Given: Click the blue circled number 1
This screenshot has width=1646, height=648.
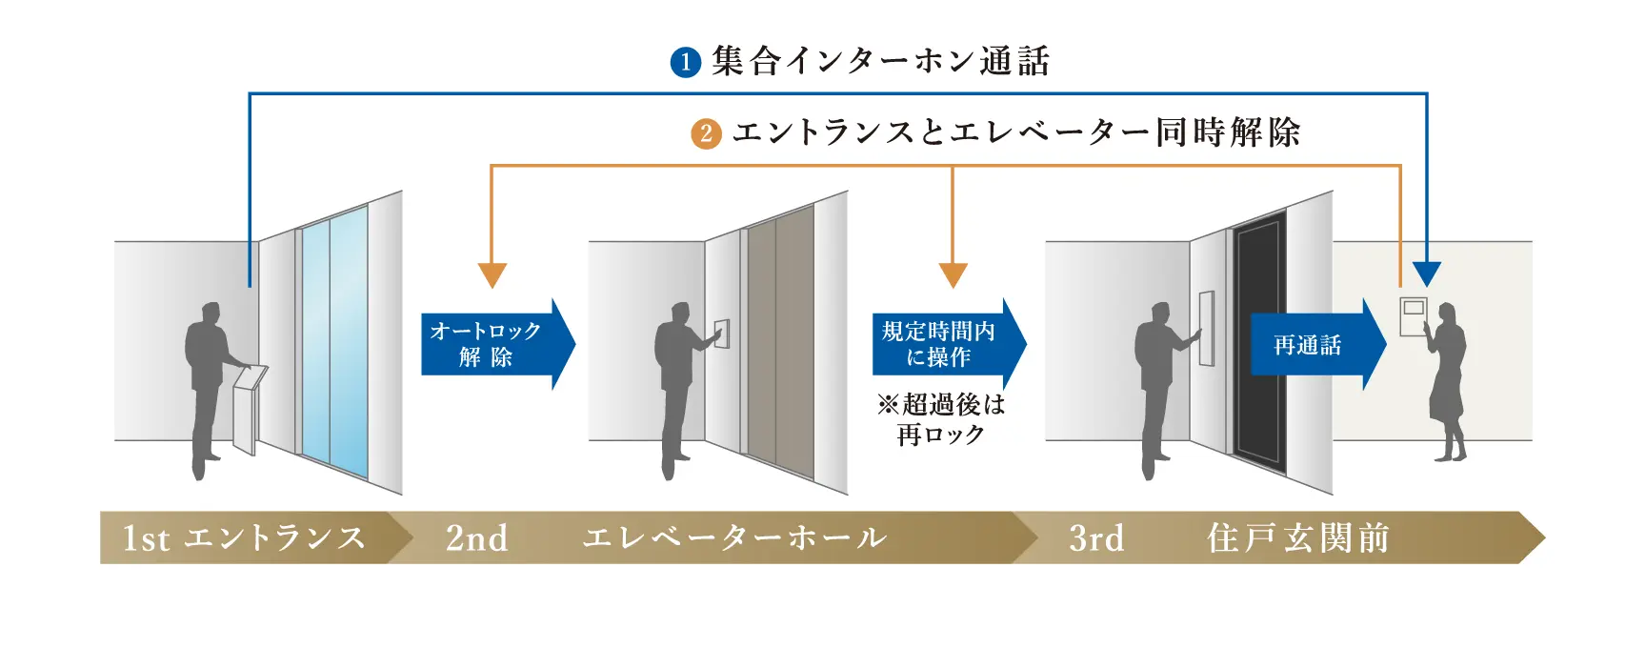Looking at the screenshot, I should [x=685, y=63].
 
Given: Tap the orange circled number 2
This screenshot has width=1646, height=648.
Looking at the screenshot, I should [x=706, y=133].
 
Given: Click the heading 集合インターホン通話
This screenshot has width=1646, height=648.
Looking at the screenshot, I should [x=880, y=62].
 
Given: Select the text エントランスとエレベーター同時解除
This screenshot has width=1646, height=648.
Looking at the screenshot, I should [x=1015, y=132].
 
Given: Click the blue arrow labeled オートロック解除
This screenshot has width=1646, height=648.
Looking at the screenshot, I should [x=495, y=344].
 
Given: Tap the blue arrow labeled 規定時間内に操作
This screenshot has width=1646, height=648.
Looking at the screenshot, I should [x=947, y=344].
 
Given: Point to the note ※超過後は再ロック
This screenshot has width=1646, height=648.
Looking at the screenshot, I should [x=941, y=419].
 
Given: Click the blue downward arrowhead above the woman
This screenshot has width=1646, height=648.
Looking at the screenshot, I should [x=1426, y=273].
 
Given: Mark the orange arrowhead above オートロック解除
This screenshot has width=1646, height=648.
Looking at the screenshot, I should [x=492, y=274].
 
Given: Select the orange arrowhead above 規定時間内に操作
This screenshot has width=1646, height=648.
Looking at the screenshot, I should [x=953, y=274].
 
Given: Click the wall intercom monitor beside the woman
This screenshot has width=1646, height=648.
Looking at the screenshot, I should [x=1414, y=315].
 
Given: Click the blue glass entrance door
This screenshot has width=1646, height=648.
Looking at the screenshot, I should [x=333, y=343].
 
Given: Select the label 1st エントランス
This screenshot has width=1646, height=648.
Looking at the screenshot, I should [x=244, y=538].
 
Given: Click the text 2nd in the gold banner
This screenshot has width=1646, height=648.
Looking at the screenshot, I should [x=476, y=538].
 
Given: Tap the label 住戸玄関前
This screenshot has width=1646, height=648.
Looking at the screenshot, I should [x=1297, y=538].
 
